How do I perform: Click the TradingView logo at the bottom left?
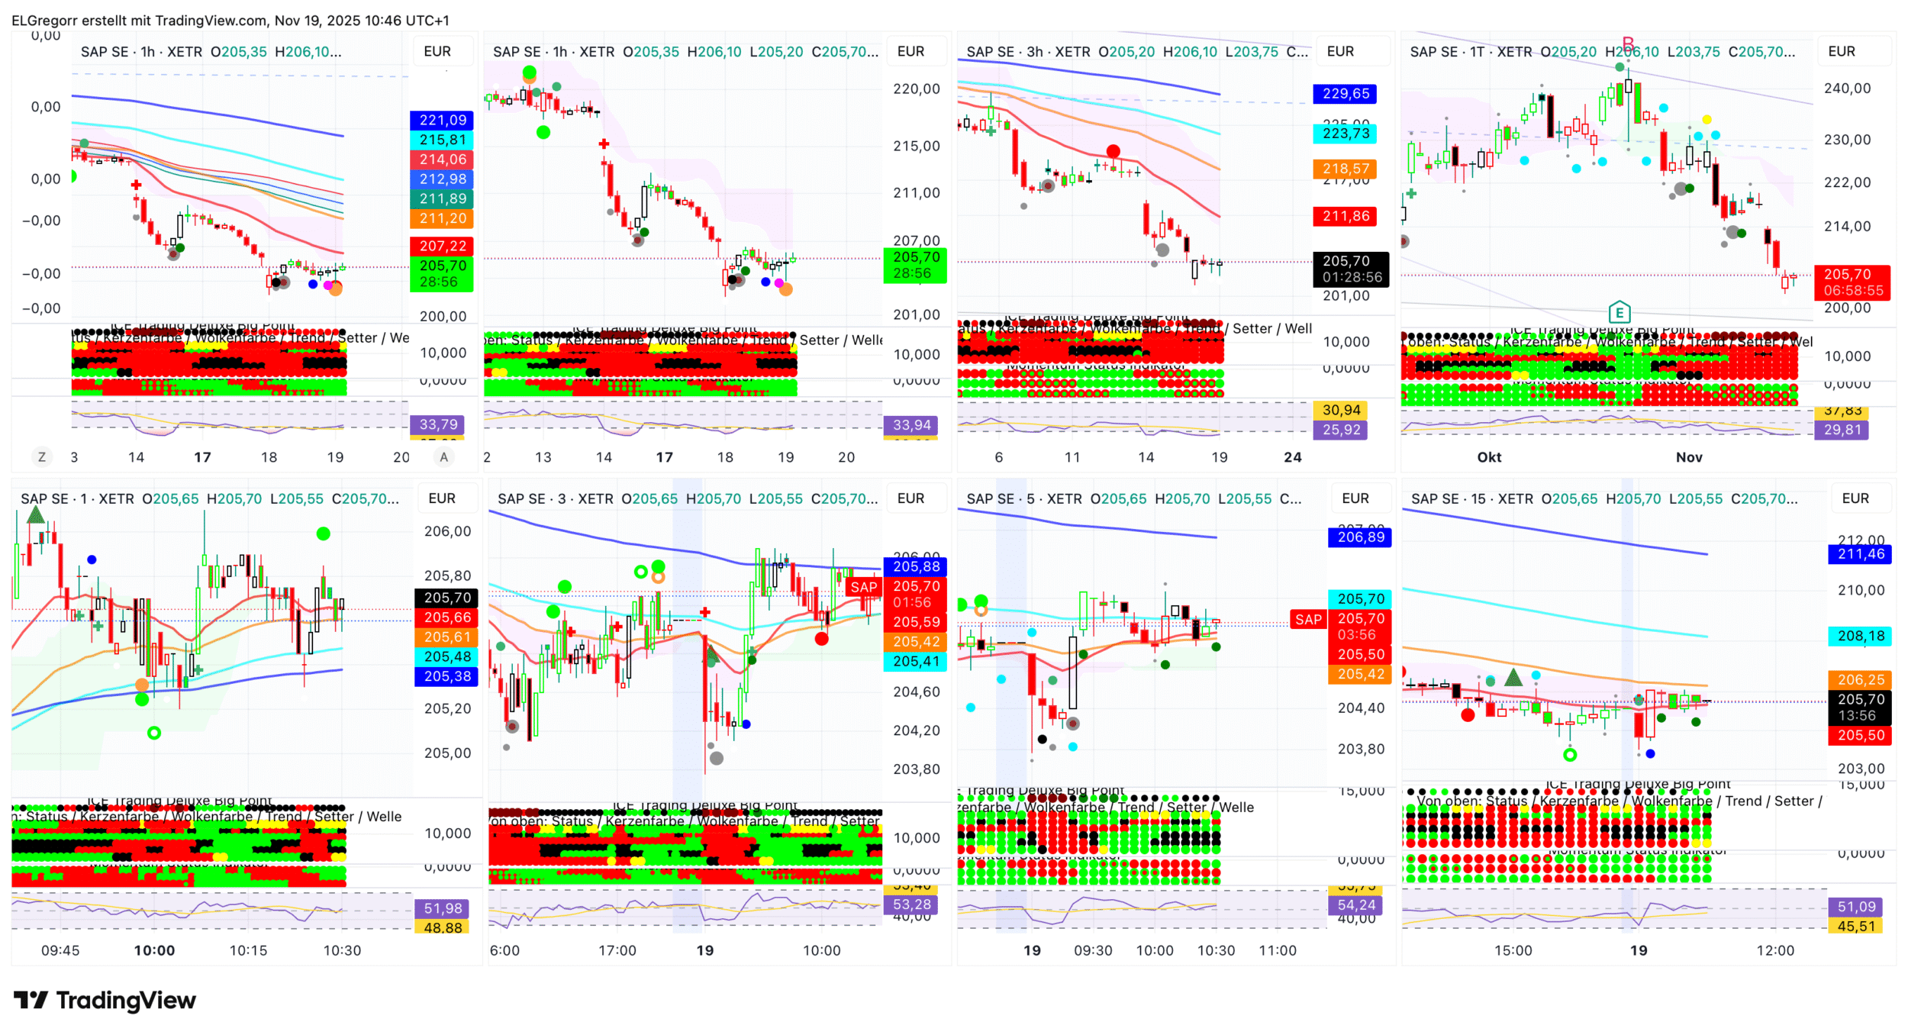(105, 1000)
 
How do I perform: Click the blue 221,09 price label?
(443, 120)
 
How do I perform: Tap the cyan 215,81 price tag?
(443, 140)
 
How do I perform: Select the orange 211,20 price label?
(443, 218)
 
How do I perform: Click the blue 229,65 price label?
(1346, 94)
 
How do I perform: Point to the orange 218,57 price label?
(1346, 168)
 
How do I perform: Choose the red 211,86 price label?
(1346, 216)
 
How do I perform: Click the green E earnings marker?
(1619, 312)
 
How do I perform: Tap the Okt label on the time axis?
(1489, 457)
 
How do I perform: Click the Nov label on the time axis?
(1689, 457)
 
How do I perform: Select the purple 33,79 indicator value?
(439, 424)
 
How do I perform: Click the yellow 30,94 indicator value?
(1342, 410)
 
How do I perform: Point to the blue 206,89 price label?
(1360, 537)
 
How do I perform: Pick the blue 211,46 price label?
(1861, 554)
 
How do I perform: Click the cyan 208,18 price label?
(1861, 636)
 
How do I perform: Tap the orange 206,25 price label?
(1861, 679)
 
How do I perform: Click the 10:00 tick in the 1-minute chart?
(154, 950)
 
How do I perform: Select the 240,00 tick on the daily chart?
(1847, 89)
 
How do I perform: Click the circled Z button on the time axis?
(42, 457)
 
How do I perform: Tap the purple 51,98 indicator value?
(443, 908)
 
